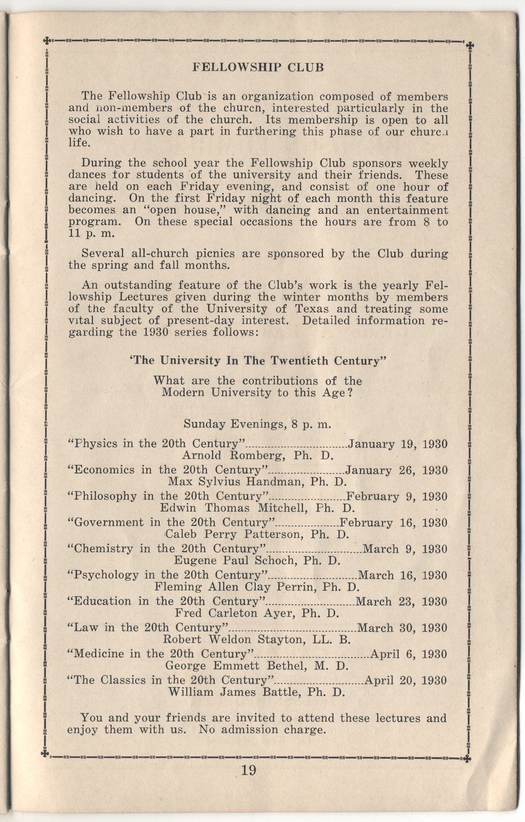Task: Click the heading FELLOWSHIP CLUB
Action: pos(258,67)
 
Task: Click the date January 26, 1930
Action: pos(396,470)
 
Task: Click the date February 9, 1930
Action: pos(397,496)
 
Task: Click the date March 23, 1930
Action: pos(401,602)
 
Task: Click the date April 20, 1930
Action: pos(405,680)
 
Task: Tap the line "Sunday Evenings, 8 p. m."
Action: pos(258,424)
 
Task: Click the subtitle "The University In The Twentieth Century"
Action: pos(258,361)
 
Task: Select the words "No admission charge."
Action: pos(262,729)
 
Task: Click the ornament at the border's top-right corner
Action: pos(470,45)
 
